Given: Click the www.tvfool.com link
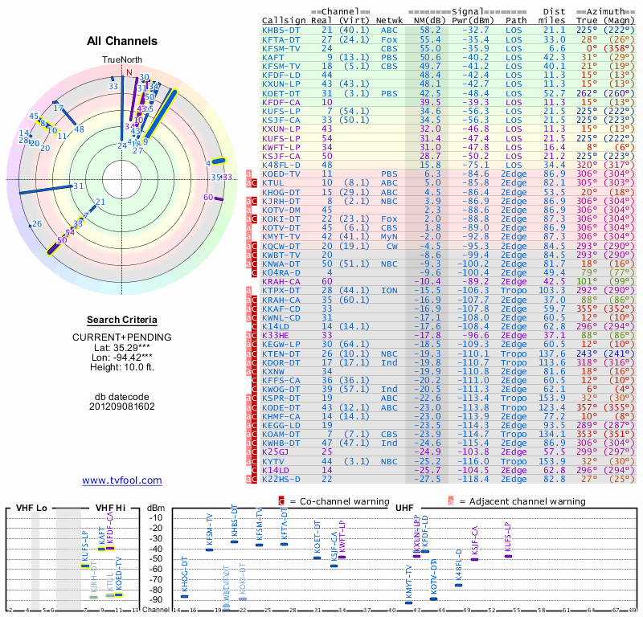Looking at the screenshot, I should coord(121,480).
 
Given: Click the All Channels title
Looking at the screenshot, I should coord(121,41).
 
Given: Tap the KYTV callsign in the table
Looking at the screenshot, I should coord(274,463).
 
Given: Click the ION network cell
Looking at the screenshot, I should coord(389,289).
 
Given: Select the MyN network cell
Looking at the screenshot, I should coord(389,236).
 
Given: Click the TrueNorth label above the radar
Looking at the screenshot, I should coord(121,60).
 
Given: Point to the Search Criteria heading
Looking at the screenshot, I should coord(121,320).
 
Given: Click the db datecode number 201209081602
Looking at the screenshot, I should coord(121,406).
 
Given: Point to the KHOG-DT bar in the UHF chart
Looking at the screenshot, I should coord(185,596).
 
